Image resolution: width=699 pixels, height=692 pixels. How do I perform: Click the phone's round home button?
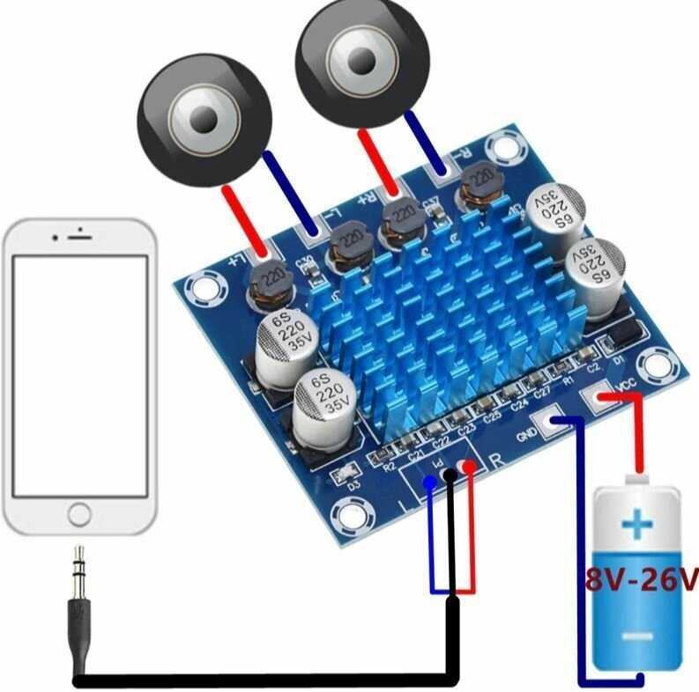click(x=80, y=513)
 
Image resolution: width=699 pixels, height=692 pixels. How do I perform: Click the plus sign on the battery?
click(x=636, y=526)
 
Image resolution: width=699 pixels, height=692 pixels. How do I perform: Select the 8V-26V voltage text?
click(x=641, y=579)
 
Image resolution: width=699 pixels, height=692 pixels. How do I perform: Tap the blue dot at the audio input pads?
click(x=429, y=482)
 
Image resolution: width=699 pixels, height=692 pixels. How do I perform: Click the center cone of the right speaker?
click(x=361, y=58)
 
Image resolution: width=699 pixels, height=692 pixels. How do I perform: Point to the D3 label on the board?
click(x=353, y=484)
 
